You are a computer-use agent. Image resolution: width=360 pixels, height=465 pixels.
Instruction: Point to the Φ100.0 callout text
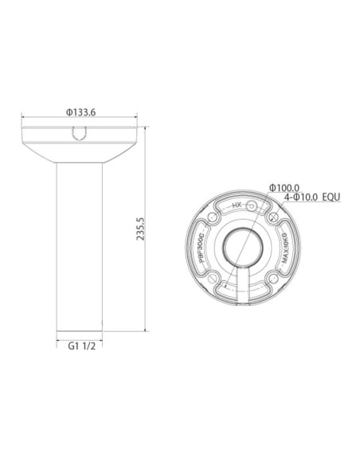[x=285, y=186]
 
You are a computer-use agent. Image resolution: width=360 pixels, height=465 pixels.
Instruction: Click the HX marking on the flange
[x=236, y=205]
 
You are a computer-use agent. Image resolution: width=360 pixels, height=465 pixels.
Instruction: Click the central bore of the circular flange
[x=241, y=247]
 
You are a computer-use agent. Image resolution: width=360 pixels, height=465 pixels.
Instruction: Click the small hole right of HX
[x=252, y=205]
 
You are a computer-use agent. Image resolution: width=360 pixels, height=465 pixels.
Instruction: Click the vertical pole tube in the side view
[x=80, y=247]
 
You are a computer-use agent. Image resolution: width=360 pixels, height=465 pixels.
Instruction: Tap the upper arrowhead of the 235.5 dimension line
[x=144, y=129]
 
